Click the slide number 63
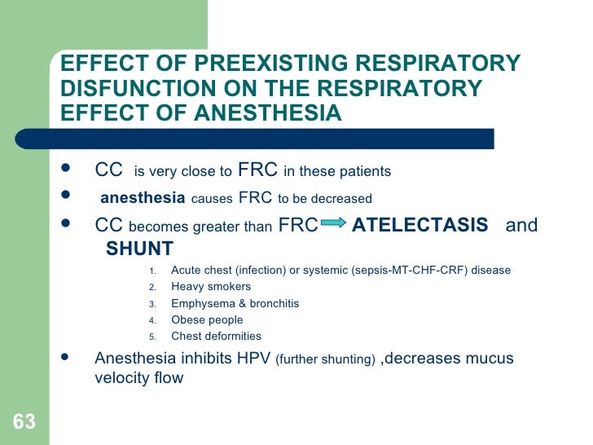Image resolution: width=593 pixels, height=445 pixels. pos(24,422)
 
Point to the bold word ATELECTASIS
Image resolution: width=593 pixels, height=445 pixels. pos(419,225)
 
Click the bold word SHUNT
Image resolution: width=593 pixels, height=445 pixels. pos(140,249)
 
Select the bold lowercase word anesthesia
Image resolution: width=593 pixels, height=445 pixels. pos(143,198)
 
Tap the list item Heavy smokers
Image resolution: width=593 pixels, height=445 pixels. pos(211,287)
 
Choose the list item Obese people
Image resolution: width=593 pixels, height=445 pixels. pos(207,319)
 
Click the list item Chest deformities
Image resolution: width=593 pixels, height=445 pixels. pos(216,336)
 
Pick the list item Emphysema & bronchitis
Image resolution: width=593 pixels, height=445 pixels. pos(235,303)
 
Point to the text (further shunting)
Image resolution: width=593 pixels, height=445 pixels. pos(326,359)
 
